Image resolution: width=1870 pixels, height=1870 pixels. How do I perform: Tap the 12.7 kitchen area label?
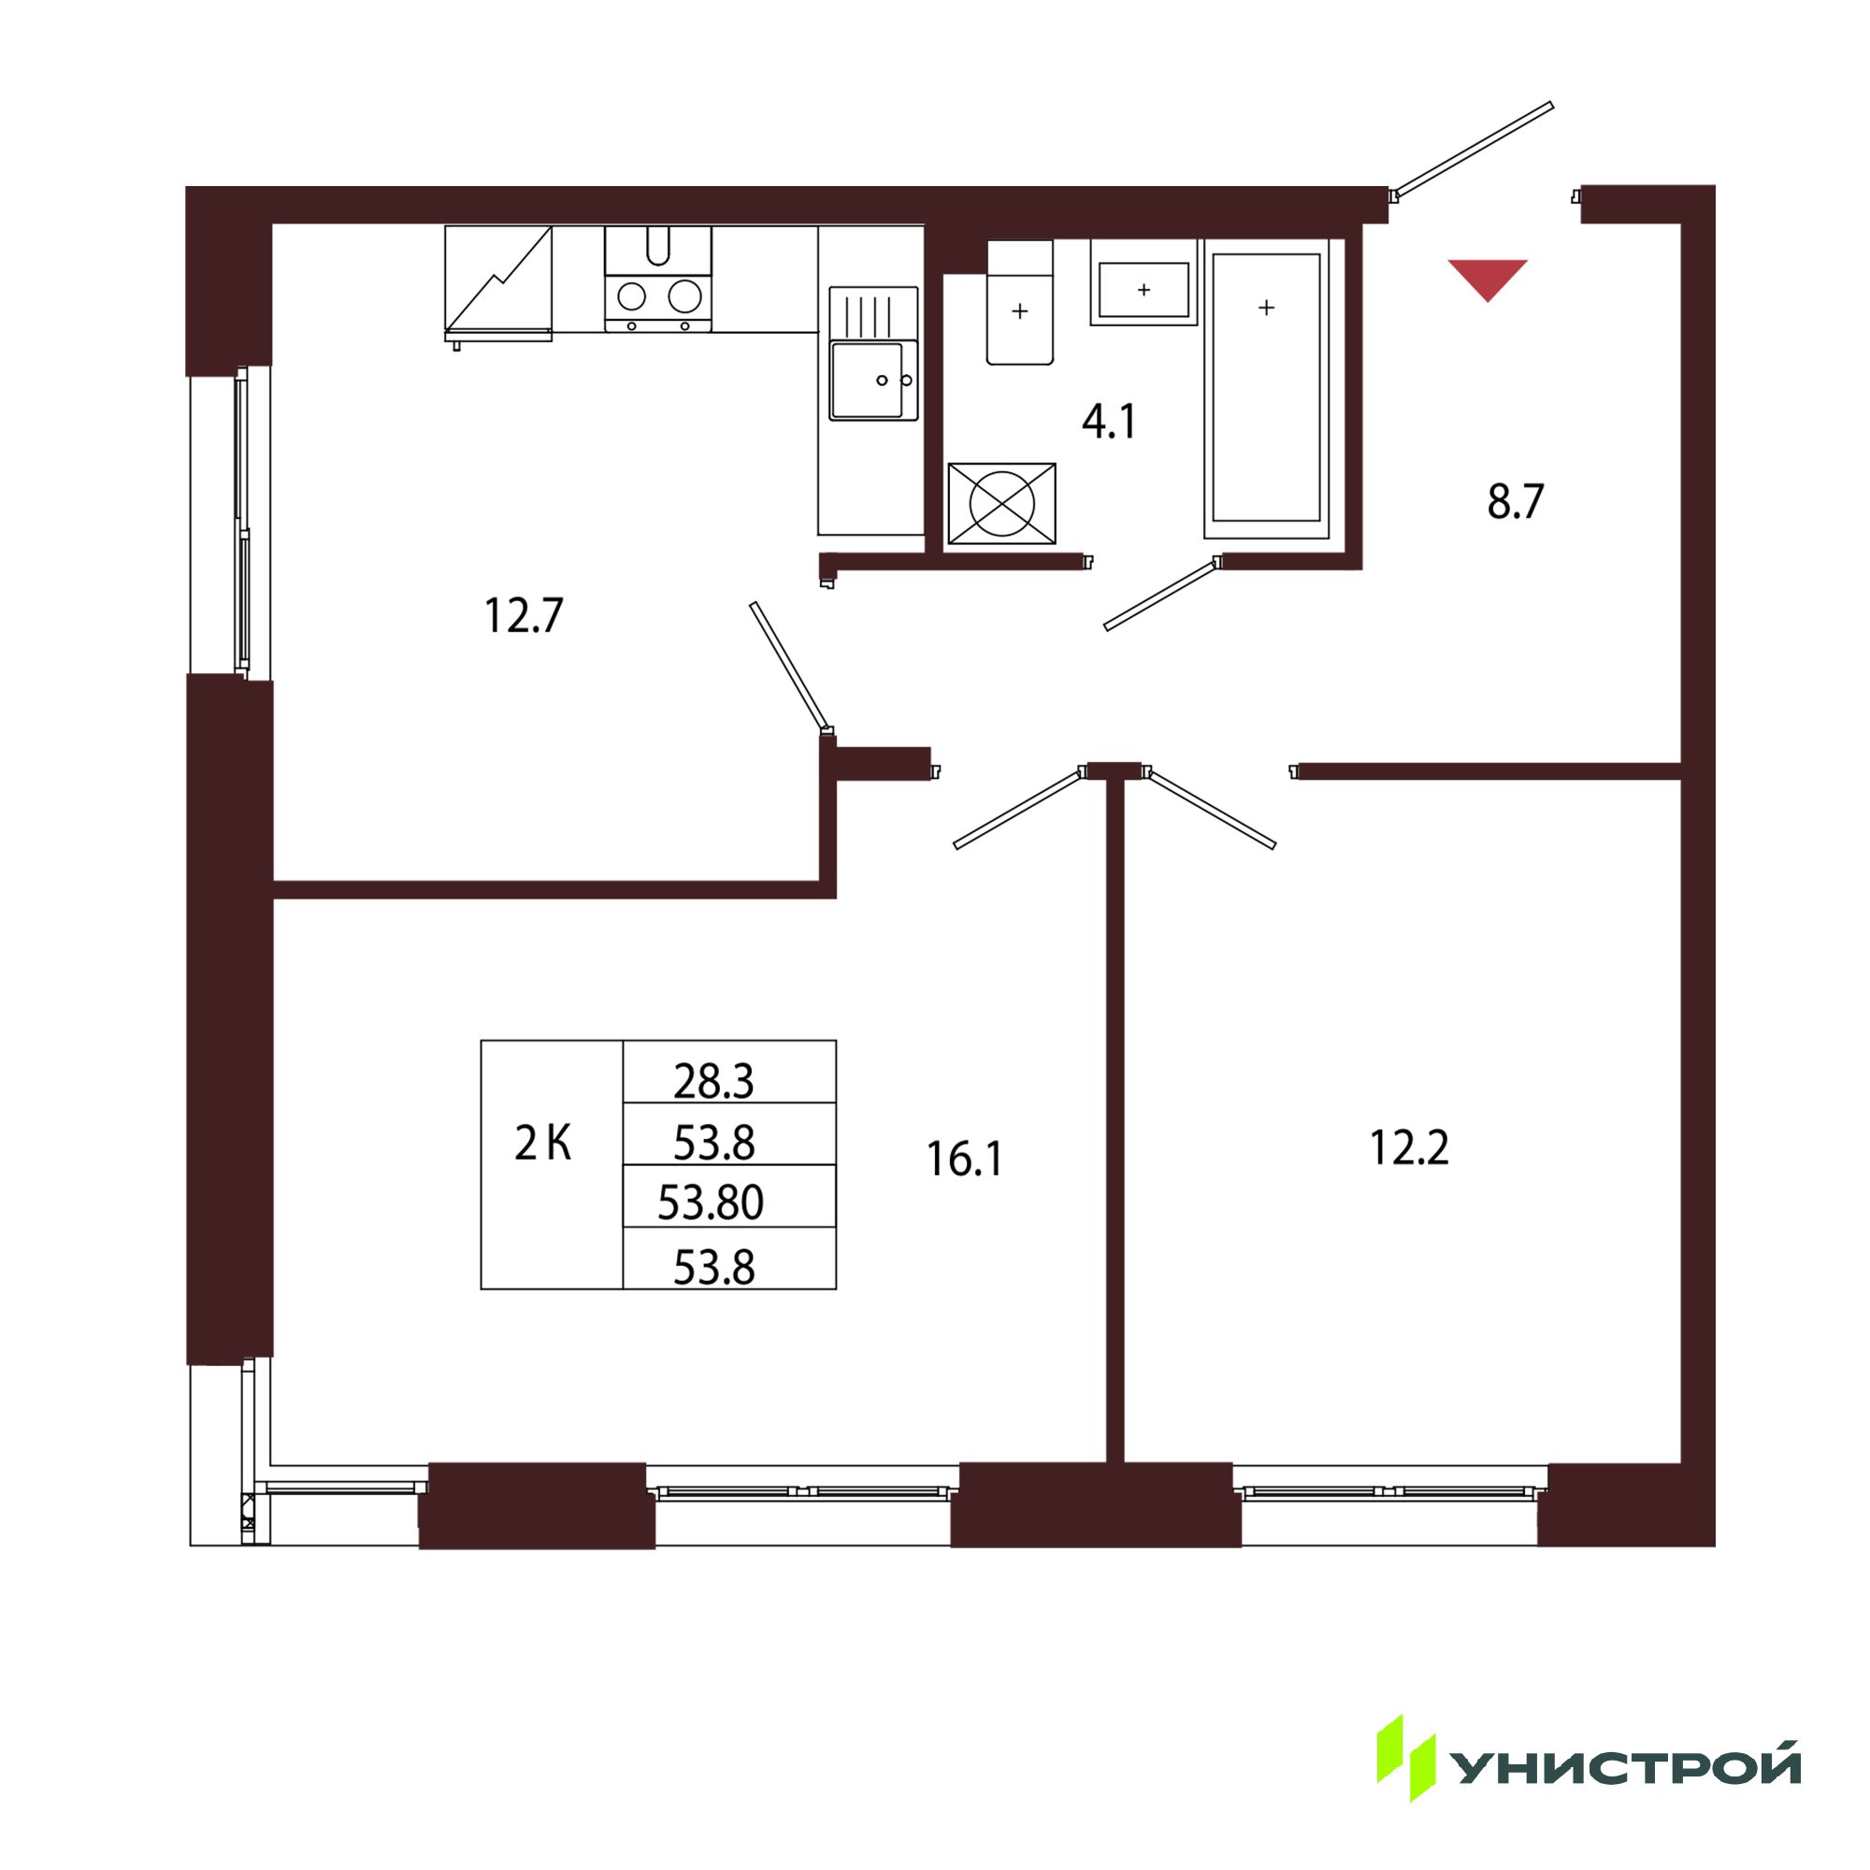point(523,615)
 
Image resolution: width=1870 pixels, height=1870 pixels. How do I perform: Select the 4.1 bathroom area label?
point(1109,422)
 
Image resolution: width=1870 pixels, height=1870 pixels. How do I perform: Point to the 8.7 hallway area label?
point(1516,502)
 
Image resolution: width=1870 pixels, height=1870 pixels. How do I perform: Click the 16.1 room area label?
point(965,1158)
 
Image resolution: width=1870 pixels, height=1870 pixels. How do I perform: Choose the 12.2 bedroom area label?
point(1409,1148)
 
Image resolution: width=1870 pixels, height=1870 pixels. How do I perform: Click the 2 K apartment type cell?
point(543,1144)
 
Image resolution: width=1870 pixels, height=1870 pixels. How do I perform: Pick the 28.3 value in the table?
point(713,1081)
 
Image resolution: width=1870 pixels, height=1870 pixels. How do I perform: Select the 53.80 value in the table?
point(712,1202)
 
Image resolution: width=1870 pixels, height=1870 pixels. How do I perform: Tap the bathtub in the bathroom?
point(1266,388)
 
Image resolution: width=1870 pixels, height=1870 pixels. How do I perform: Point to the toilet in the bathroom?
point(1020,302)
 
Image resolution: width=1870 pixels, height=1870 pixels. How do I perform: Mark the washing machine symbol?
point(1001,503)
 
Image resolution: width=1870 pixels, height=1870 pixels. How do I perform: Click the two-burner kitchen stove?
point(658,280)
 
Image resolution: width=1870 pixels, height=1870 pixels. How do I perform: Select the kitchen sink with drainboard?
point(873,353)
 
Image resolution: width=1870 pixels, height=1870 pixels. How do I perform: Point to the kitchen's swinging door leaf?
point(790,666)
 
